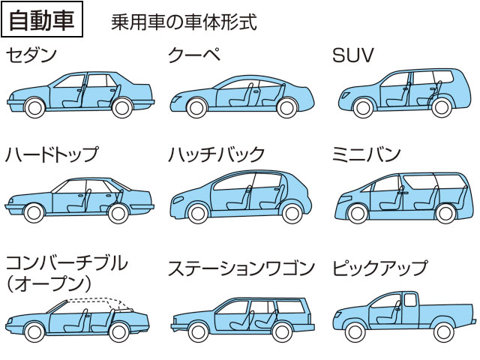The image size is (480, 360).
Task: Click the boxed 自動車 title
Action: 42,19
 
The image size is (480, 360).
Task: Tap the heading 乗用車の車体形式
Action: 184,22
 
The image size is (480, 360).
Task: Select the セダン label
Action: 31,55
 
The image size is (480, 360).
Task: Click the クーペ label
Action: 194,55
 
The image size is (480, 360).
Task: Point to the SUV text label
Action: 353,55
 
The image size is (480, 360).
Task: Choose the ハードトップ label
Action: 52,154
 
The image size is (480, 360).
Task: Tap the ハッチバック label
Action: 216,154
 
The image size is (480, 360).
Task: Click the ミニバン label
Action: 367,154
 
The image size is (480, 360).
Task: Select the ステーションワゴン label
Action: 241,268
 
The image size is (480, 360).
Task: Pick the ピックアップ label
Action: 380,268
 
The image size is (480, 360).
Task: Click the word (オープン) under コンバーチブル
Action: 49,284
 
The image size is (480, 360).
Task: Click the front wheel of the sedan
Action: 34,108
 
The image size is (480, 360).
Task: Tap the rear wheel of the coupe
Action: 286,108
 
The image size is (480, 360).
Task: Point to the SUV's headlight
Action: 345,95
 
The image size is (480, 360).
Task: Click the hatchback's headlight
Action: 178,200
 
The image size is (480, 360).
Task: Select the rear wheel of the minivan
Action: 445,213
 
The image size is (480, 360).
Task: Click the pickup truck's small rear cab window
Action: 410,300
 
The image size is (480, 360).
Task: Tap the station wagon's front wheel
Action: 198,331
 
